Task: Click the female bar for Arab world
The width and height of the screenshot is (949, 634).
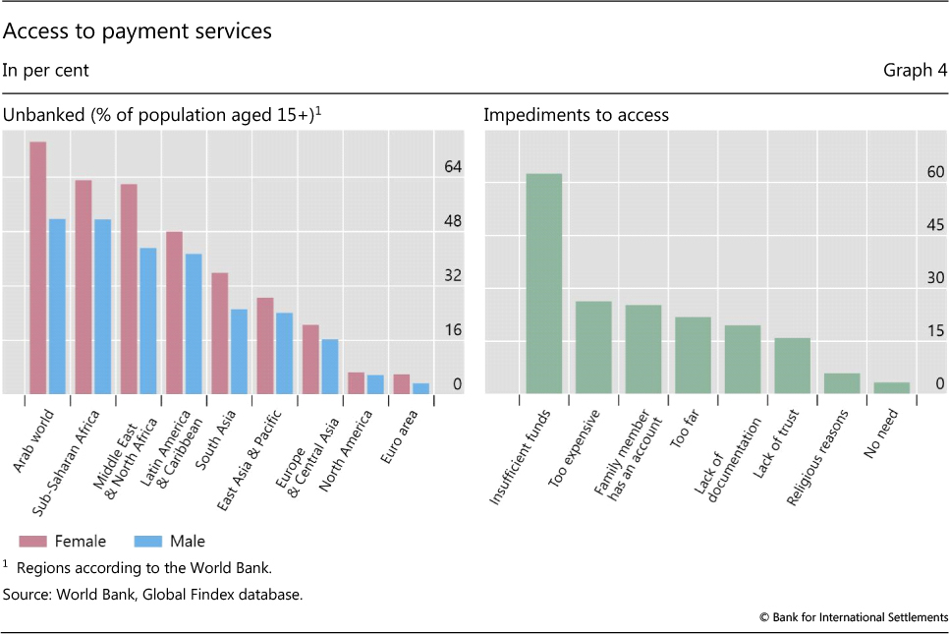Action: pyautogui.click(x=38, y=267)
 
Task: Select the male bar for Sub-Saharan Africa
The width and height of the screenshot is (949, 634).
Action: pyautogui.click(x=102, y=306)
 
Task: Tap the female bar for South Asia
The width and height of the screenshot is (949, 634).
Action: pyautogui.click(x=220, y=333)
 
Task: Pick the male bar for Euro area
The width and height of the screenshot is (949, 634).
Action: pyautogui.click(x=420, y=388)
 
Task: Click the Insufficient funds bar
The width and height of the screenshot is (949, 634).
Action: pyautogui.click(x=543, y=283)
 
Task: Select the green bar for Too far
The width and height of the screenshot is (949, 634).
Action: pyautogui.click(x=693, y=355)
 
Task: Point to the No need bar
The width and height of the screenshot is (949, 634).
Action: pyautogui.click(x=891, y=387)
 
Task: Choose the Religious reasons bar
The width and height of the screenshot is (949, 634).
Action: pyautogui.click(x=842, y=383)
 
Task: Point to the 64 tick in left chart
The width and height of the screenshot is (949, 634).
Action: pyautogui.click(x=452, y=167)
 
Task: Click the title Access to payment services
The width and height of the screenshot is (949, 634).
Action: pyautogui.click(x=138, y=32)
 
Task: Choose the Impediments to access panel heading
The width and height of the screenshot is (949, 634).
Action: pyautogui.click(x=576, y=115)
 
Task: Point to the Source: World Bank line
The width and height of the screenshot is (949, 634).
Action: pyautogui.click(x=152, y=594)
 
